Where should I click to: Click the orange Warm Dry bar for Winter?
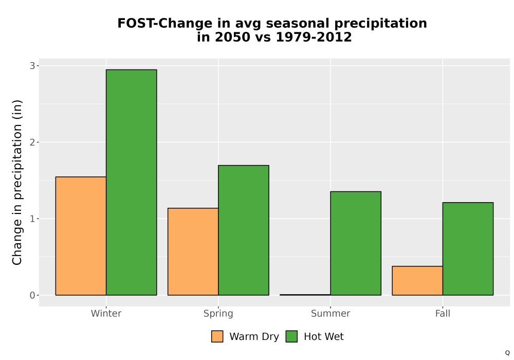(81, 236)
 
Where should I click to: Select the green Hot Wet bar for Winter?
(132, 182)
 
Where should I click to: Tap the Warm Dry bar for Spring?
(193, 251)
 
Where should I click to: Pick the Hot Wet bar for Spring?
(244, 230)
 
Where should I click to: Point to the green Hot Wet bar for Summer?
(356, 243)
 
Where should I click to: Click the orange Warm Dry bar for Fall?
(417, 281)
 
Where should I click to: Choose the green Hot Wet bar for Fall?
(468, 249)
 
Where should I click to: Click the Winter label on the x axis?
(106, 313)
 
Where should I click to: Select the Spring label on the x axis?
(218, 314)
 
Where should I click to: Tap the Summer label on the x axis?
(331, 313)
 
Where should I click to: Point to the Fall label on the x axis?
(443, 313)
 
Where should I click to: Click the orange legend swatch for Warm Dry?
(217, 336)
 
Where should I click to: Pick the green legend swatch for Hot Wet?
(291, 336)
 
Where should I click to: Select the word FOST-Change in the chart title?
(165, 24)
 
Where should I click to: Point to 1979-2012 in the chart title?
(314, 37)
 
